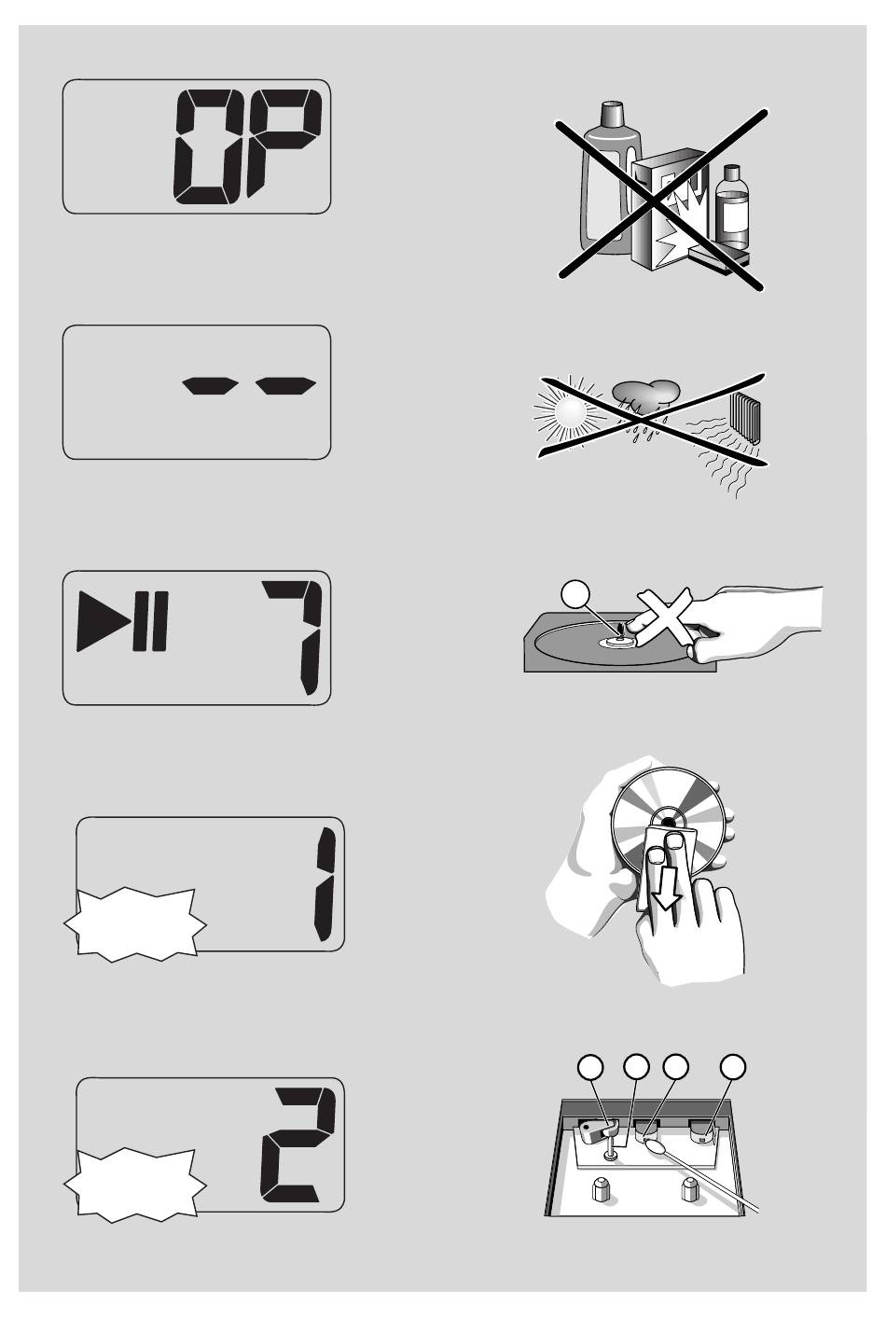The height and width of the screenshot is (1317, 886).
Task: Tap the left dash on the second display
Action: point(210,386)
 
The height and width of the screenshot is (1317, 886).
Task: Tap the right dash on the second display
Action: point(286,386)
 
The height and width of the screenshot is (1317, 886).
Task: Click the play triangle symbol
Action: point(95,621)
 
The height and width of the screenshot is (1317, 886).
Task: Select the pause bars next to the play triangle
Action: point(150,621)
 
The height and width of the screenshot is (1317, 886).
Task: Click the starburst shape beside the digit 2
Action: point(135,1185)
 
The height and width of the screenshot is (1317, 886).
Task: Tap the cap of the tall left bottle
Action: point(613,113)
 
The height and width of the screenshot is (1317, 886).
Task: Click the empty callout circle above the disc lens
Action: point(575,594)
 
